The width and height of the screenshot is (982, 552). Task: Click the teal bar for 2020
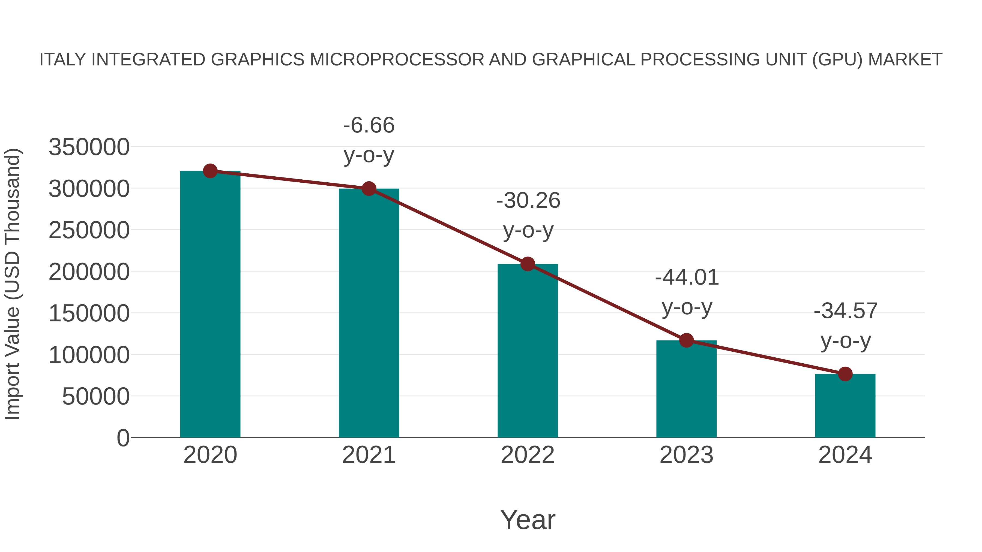coord(210,305)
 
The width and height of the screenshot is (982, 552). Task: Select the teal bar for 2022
coord(528,351)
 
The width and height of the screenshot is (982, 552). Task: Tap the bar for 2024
coord(845,406)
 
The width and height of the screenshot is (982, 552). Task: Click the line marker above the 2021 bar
coord(369,189)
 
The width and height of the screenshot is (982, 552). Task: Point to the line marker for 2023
coord(687,340)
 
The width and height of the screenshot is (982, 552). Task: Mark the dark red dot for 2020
coord(210,171)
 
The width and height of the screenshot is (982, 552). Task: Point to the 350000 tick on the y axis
coord(89,147)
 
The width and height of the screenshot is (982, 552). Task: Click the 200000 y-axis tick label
coord(89,272)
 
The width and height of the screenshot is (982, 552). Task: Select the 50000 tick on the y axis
coord(96,397)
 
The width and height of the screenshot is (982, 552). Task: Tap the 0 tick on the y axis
coord(123,438)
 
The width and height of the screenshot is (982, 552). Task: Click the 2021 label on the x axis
coord(369,455)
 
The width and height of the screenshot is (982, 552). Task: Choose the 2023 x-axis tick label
coord(686,455)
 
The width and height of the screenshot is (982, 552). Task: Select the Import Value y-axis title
coord(12,284)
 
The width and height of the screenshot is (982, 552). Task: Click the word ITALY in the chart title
coord(63,60)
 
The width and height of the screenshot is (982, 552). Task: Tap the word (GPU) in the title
coord(837,60)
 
